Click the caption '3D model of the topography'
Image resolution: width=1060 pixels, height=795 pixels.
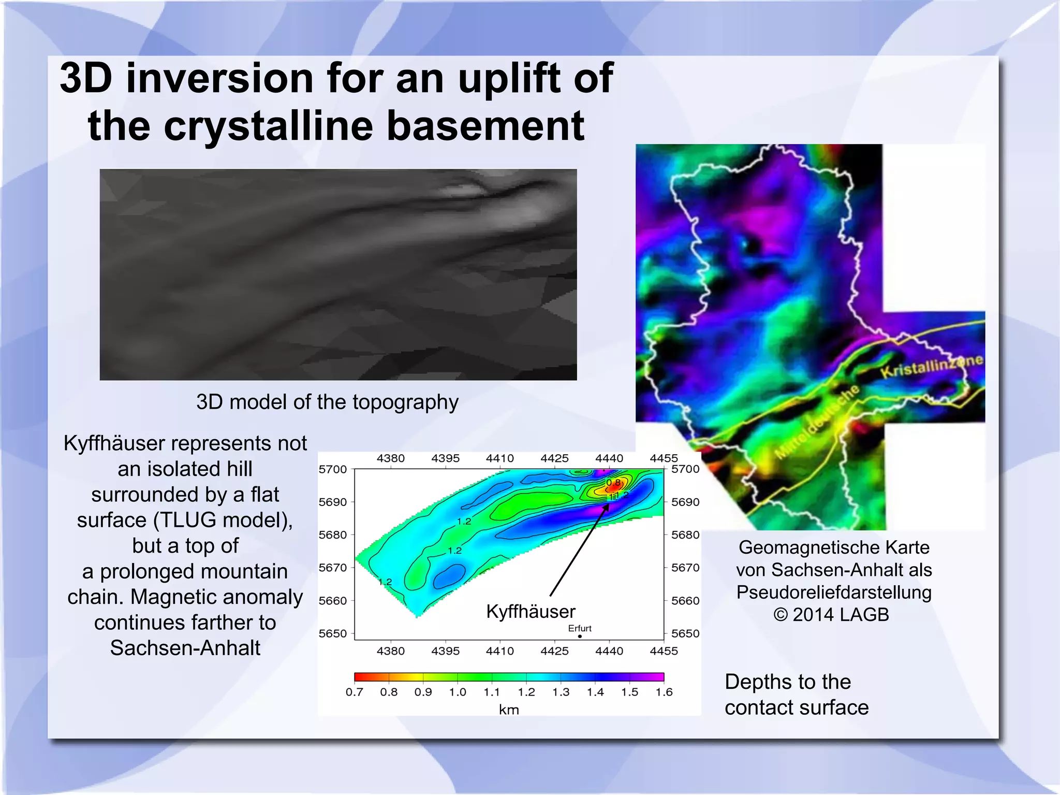[x=327, y=402]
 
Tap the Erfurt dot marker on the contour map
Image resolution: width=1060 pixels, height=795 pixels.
[x=580, y=636]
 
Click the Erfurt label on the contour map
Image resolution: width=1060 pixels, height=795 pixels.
[x=579, y=628]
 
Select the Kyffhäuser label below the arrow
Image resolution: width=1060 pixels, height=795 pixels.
[x=531, y=612]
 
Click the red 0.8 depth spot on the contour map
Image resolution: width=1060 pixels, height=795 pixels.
[x=613, y=484]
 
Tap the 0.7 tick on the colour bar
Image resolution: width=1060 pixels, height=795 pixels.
[x=355, y=692]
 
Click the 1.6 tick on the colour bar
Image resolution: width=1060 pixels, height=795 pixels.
[x=664, y=692]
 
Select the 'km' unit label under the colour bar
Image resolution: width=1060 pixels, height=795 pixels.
[x=509, y=710]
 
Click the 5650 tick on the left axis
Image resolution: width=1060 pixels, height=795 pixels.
[x=333, y=633]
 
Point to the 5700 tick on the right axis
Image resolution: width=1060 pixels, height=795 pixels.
[x=685, y=469]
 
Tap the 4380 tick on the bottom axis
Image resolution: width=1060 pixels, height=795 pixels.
[x=391, y=651]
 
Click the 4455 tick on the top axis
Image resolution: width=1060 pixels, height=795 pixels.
[x=664, y=458]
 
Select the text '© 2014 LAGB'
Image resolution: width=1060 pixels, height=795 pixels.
[x=831, y=615]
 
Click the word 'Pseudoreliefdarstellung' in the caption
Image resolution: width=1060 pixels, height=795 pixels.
[x=834, y=592]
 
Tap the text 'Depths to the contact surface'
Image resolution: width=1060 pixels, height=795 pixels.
[x=796, y=695]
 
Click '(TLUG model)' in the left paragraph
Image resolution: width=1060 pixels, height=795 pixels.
[x=223, y=520]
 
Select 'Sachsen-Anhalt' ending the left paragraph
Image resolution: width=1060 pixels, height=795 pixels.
[x=185, y=648]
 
